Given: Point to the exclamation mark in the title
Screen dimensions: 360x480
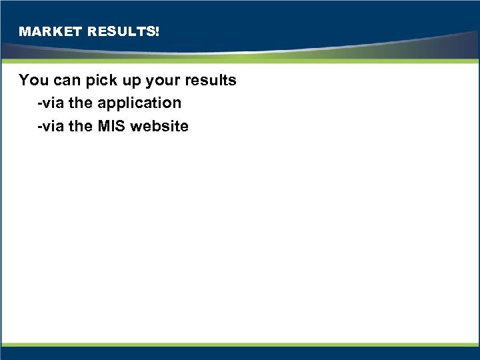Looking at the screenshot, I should pyautogui.click(x=157, y=31).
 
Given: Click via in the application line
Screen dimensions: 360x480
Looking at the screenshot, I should pyautogui.click(x=54, y=103).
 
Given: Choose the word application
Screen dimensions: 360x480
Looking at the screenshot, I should pyautogui.click(x=139, y=104).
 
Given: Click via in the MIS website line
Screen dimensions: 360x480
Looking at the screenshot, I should pyautogui.click(x=54, y=126).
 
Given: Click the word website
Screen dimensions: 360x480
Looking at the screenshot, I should pyautogui.click(x=160, y=126).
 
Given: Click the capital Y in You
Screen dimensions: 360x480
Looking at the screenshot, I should pyautogui.click(x=24, y=80).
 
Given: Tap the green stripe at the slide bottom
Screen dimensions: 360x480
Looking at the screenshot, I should pyautogui.click(x=240, y=345).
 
